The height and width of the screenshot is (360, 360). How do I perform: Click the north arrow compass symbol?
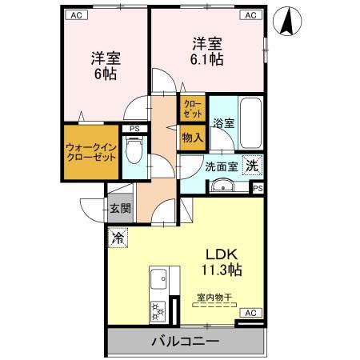[286, 21]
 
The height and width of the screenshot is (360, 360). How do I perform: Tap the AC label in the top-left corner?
[75, 15]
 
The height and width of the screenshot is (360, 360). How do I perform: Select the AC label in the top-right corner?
[250, 15]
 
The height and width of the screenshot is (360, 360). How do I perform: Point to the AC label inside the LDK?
[250, 313]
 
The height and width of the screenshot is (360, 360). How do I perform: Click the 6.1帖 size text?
[206, 59]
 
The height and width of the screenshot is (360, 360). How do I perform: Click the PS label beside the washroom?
[258, 188]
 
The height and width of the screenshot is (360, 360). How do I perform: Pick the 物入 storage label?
[192, 138]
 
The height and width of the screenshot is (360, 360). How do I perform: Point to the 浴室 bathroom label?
[223, 124]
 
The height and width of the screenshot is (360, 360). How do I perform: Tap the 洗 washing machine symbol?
[251, 166]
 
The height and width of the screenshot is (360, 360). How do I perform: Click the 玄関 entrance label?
[121, 209]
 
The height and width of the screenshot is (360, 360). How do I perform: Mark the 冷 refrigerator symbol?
[118, 237]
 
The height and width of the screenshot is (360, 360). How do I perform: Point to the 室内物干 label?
[214, 298]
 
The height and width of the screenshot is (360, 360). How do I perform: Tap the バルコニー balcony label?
[185, 342]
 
